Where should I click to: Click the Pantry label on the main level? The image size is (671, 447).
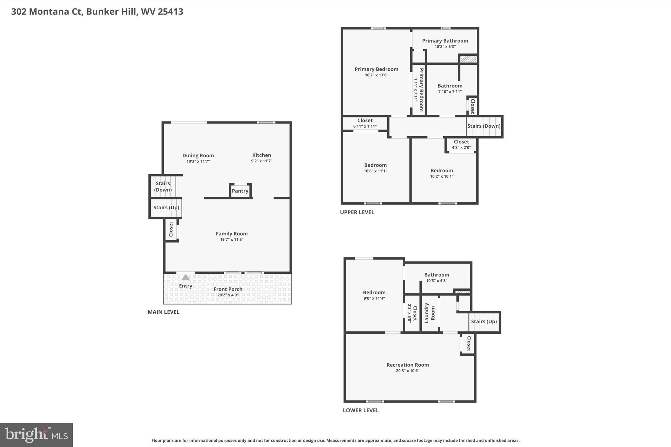pos(240,191)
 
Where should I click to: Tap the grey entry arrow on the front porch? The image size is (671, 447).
pos(185,277)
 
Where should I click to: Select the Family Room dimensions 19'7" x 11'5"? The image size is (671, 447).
pos(232,240)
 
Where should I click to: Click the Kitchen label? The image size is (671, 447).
pos(261,155)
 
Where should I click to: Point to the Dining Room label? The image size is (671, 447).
pos(198,156)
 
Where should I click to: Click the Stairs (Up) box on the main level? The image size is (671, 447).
pos(166,208)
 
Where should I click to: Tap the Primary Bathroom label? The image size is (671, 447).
pos(445,41)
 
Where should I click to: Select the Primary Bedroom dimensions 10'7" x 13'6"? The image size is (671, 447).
pos(376,75)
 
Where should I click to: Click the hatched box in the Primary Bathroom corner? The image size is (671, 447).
pos(468,59)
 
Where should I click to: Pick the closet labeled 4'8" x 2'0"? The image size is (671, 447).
pos(461,144)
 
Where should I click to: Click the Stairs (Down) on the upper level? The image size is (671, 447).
pos(484,126)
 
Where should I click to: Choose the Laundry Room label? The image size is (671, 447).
pos(430,313)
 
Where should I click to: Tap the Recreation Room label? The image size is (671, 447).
pos(408,365)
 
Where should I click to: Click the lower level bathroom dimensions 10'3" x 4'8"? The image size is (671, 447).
pos(436,281)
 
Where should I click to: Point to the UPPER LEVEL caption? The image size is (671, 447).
pos(357,212)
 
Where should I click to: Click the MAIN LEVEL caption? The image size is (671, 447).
pos(163,312)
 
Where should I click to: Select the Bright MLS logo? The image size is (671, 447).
pos(36,435)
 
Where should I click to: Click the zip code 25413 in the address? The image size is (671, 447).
pos(170,12)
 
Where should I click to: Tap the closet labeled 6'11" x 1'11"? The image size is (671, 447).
pos(365,123)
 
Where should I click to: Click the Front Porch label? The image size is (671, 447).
pos(228,289)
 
